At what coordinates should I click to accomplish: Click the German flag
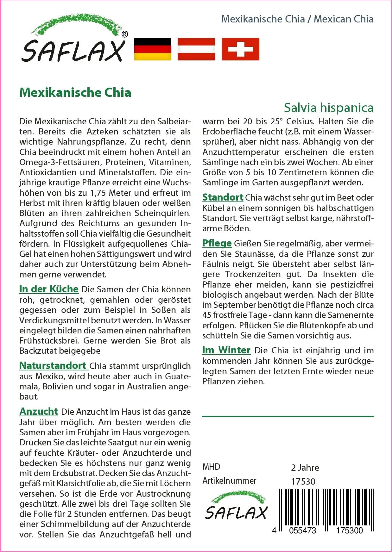[153, 49]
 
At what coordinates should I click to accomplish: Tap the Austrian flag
[196, 49]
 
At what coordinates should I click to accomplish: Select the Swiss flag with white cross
[240, 49]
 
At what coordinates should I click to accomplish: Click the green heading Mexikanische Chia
[75, 93]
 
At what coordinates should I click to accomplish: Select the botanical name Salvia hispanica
[328, 108]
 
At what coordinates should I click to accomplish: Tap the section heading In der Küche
[49, 289]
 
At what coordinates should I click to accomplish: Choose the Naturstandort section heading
[53, 366]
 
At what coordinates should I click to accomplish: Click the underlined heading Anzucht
[39, 412]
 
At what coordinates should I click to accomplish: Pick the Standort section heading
[223, 197]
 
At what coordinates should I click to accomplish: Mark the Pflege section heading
[217, 243]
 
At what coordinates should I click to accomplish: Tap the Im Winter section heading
[226, 350]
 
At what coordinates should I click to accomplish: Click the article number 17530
[303, 482]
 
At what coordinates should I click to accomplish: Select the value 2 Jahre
[305, 468]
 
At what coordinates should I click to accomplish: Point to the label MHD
[211, 467]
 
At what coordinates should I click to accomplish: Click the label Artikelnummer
[229, 481]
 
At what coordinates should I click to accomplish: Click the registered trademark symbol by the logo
[125, 34]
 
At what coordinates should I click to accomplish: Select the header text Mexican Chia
[344, 19]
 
